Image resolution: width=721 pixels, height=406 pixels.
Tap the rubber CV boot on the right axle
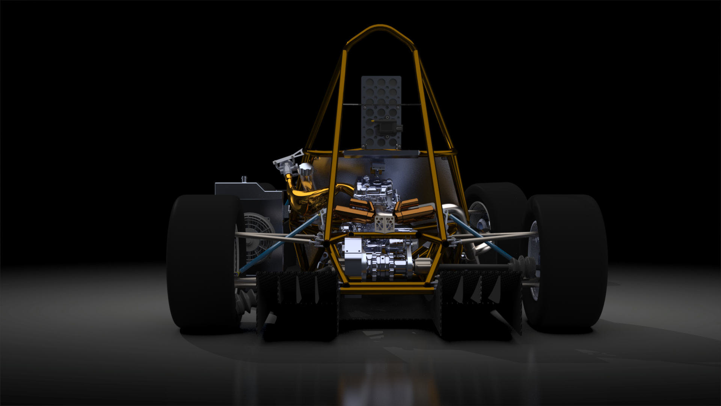click(x=520, y=263)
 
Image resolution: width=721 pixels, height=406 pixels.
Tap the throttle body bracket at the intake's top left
click(x=287, y=160)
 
